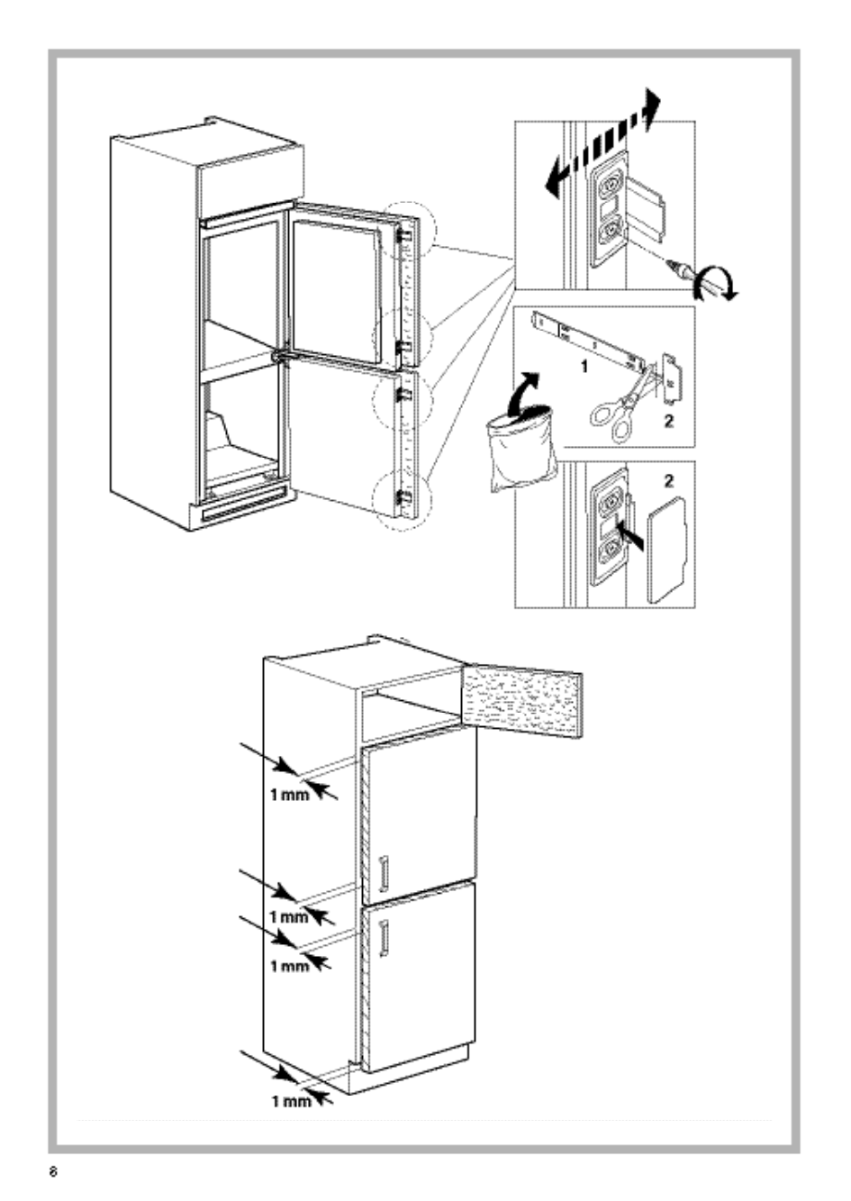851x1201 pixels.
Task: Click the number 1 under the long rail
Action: pos(584,368)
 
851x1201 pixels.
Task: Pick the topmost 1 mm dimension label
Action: pos(290,795)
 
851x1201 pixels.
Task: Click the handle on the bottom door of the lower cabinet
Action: pos(385,938)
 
